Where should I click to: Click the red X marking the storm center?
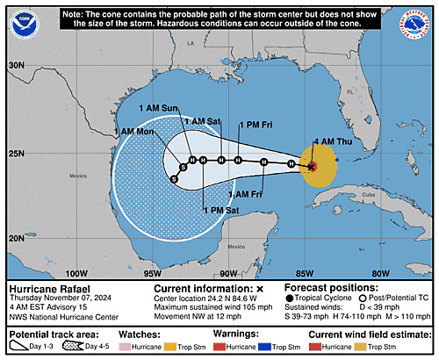click(312, 164)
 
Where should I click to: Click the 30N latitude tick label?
click(17, 66)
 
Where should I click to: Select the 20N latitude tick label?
click(17, 237)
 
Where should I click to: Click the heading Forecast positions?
click(327, 287)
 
